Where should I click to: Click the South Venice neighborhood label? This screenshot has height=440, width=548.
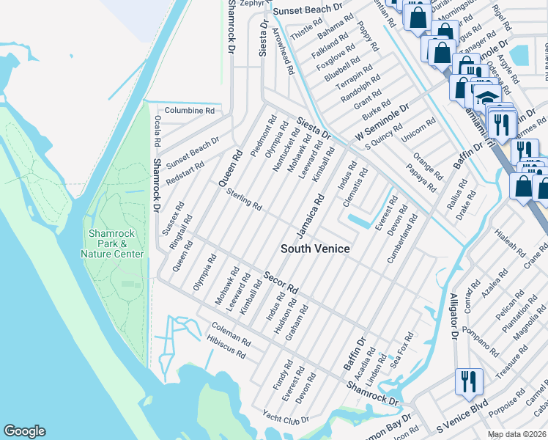(315, 249)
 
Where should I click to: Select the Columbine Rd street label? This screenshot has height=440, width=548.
(189, 111)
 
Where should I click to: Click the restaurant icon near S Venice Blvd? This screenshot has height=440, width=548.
(468, 381)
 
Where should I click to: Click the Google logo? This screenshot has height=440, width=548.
(24, 431)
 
